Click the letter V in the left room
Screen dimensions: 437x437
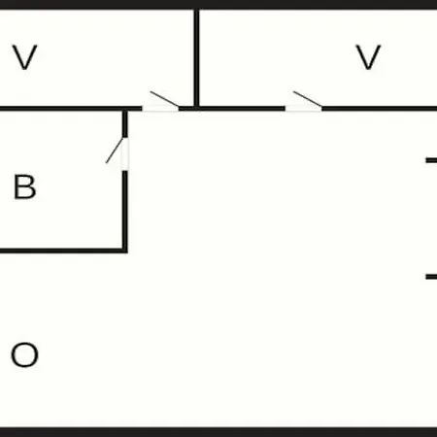click(25, 57)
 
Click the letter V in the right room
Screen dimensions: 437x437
click(368, 57)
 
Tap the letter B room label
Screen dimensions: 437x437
click(24, 186)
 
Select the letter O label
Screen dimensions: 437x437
click(24, 354)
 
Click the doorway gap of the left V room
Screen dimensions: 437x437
click(160, 109)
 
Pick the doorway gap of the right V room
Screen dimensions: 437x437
click(304, 109)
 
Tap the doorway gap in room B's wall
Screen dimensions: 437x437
click(125, 154)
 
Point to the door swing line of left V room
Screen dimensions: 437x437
click(164, 99)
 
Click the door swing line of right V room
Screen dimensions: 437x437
click(308, 99)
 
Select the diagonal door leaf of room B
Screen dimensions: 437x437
click(115, 151)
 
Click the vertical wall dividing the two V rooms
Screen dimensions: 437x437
click(196, 58)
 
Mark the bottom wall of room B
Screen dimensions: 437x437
click(63, 251)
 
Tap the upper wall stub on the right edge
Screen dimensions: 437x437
click(431, 160)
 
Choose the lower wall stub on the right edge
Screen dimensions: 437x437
click(431, 277)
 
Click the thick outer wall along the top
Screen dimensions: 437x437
click(218, 5)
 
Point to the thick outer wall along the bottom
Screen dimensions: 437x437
click(218, 432)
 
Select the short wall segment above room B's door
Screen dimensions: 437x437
click(125, 124)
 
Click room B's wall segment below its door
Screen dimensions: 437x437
click(125, 212)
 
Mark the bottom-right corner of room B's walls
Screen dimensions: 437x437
click(125, 251)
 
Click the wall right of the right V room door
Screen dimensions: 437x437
click(380, 109)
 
